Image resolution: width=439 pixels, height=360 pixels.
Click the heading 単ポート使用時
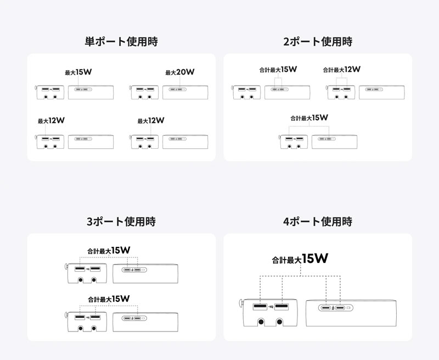click(121, 41)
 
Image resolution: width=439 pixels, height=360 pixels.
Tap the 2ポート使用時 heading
click(318, 41)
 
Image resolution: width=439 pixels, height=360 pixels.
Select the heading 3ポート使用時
click(121, 221)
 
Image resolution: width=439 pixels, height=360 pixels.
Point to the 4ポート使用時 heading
click(318, 221)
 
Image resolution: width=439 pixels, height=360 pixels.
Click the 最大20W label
click(180, 72)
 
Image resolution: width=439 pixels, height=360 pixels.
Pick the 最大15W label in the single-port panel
click(78, 72)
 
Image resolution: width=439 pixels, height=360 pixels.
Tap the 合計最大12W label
click(341, 70)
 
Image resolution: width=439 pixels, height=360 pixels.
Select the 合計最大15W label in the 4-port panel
click(300, 258)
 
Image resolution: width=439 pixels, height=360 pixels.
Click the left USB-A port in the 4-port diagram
click(260, 307)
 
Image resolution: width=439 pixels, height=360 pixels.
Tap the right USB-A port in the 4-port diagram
click(282, 307)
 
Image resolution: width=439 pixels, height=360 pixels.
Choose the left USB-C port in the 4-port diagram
click(325, 308)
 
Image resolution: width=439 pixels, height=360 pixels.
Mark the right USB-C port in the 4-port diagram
click(340, 308)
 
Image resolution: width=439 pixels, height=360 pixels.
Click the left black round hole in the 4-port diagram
click(261, 322)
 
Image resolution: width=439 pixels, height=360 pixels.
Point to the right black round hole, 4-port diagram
click(279, 322)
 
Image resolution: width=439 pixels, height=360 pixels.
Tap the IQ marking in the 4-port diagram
click(271, 307)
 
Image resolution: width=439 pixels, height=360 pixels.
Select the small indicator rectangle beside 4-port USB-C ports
click(348, 308)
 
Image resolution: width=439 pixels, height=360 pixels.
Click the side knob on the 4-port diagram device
click(241, 303)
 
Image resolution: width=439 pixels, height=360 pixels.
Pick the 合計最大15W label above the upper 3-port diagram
click(109, 250)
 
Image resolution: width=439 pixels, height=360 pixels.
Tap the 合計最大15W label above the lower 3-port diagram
click(109, 299)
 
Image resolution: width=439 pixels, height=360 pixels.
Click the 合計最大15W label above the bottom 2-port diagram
click(309, 118)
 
